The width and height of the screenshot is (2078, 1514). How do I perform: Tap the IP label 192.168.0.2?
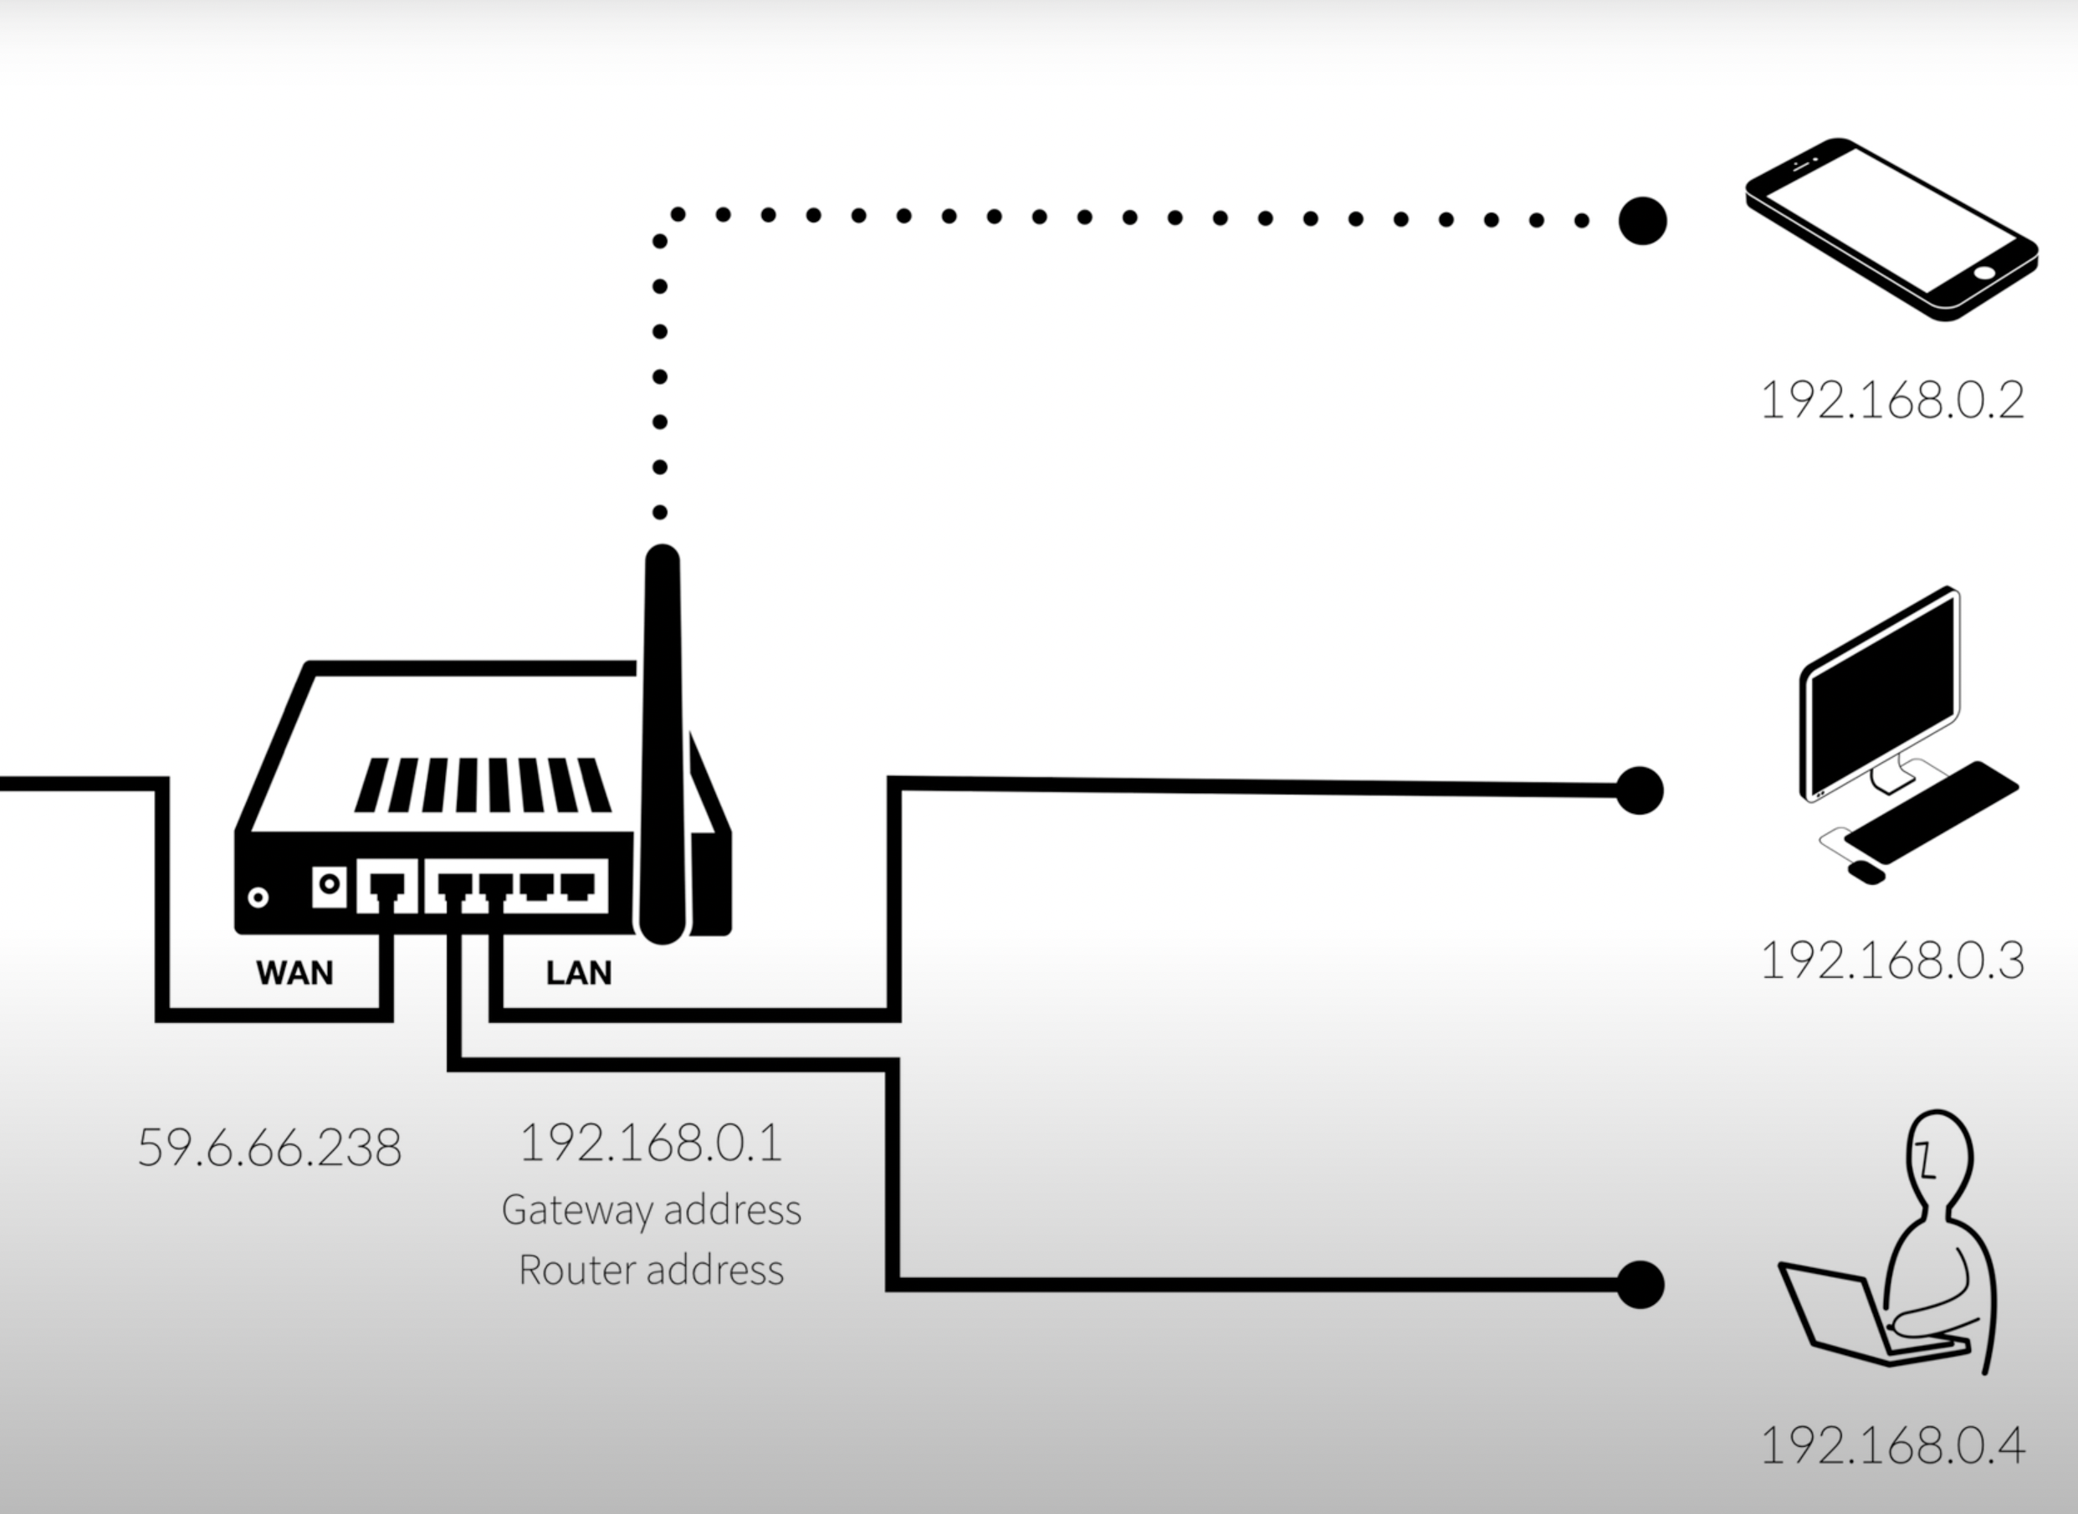coord(1892,402)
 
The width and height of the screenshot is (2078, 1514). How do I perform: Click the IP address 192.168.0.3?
coord(1892,961)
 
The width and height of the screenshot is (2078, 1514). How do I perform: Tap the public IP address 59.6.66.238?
coord(269,1148)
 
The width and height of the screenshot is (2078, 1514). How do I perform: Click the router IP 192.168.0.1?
coord(651,1143)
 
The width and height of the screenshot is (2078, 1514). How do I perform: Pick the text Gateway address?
coord(651,1210)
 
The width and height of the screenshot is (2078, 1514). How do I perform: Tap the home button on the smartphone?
coord(1983,272)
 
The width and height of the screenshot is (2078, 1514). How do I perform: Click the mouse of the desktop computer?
coord(1866,872)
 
